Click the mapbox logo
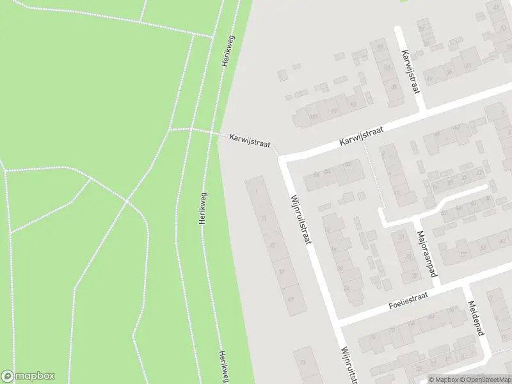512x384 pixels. [28, 376]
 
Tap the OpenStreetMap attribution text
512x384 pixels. [485, 380]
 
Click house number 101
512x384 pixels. [313, 116]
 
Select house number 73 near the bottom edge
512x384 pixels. [302, 362]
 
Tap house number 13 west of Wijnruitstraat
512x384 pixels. [264, 218]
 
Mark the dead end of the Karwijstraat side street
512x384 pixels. [397, 29]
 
